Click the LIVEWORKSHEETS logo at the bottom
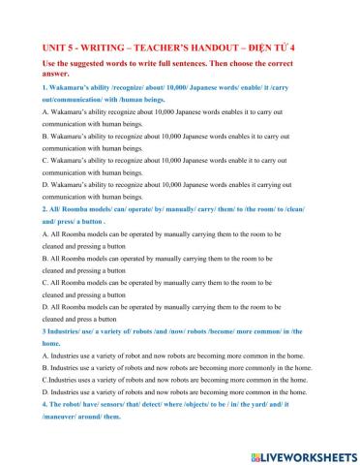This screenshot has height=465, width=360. pos(299,453)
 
